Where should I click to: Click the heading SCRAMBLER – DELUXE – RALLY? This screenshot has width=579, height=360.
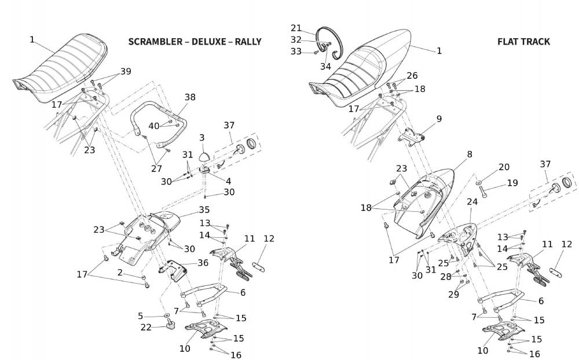pos(195,42)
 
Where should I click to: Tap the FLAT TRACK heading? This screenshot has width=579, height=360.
pos(523,42)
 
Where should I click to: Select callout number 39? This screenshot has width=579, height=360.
pos(126,71)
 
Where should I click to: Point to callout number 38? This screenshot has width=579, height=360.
pos(190,97)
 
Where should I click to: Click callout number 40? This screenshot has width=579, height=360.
pos(153,126)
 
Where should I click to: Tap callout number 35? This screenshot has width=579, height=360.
pos(204,210)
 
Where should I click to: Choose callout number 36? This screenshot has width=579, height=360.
pos(203,262)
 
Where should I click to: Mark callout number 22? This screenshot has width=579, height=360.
pos(146,328)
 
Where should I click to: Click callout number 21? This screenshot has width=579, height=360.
pos(296,28)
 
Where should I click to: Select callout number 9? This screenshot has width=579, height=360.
pos(439,119)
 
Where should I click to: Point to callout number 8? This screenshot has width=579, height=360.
pos(469,155)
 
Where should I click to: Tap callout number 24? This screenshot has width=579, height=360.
pos(472,202)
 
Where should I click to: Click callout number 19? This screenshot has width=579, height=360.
pos(512,183)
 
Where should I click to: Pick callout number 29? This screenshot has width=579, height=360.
pos(453,295)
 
